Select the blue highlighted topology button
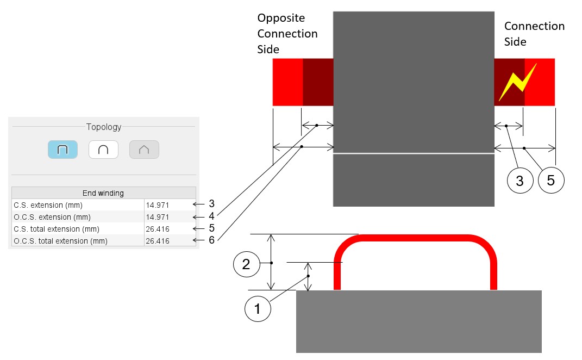(62, 149)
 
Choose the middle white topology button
(103, 149)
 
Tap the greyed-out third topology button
(144, 149)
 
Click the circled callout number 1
(258, 309)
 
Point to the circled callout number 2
(246, 264)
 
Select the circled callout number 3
(520, 181)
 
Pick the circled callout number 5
(551, 181)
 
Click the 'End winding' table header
(103, 193)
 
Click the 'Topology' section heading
(104, 127)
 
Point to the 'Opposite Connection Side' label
(287, 34)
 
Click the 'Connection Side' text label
(534, 34)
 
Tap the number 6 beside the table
(211, 240)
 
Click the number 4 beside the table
(211, 216)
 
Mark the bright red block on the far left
(287, 82)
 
